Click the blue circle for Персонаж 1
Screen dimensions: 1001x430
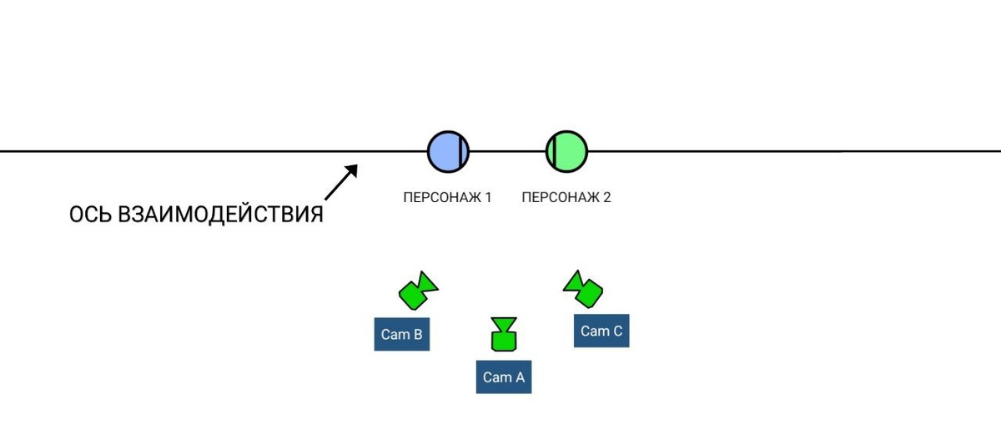448,152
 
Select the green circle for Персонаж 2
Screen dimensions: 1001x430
566,152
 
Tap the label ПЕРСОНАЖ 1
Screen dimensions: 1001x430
447,197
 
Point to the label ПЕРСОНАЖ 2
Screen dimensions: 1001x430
566,197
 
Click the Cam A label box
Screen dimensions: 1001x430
504,377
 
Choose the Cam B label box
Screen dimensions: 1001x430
402,334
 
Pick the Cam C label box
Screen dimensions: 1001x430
601,331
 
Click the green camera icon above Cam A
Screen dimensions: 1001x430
504,334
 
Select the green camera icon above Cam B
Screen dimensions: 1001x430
418,291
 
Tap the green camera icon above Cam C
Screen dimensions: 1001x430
583,290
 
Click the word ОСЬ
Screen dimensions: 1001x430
90,215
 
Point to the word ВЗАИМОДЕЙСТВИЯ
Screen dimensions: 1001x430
220,215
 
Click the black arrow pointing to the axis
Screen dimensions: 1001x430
341,182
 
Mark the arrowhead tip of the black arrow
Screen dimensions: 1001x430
358,165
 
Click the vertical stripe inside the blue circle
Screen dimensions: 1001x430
460,152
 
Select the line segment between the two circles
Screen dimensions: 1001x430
507,152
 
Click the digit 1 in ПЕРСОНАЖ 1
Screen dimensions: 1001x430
489,197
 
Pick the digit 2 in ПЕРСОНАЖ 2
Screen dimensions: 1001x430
607,197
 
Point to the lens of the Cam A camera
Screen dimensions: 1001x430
504,324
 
